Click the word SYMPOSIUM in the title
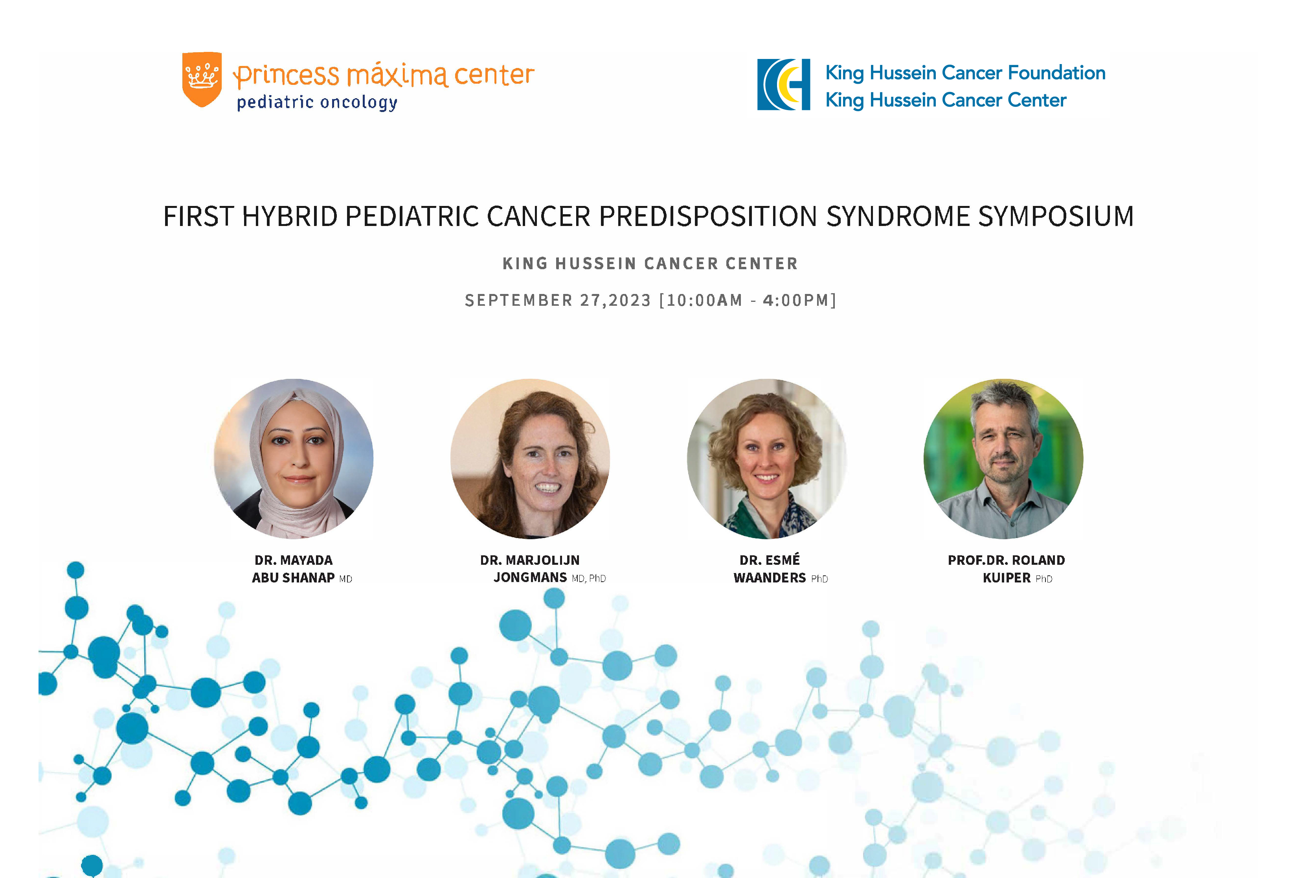click(x=1056, y=216)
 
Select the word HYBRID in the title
click(x=290, y=216)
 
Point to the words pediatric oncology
click(x=317, y=103)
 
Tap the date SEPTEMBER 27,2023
click(x=558, y=300)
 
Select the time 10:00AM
click(x=704, y=300)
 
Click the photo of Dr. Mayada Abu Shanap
click(x=294, y=459)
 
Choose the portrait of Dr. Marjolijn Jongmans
click(x=530, y=459)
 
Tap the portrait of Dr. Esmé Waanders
click(x=767, y=459)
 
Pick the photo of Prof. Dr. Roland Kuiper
click(x=1003, y=459)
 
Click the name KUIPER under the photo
click(x=1007, y=578)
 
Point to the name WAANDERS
click(x=770, y=578)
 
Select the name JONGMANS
click(x=530, y=578)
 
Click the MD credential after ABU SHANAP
click(x=346, y=579)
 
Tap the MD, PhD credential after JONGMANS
click(x=589, y=579)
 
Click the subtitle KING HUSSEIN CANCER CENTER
click(x=650, y=263)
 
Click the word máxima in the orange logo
click(x=397, y=75)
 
